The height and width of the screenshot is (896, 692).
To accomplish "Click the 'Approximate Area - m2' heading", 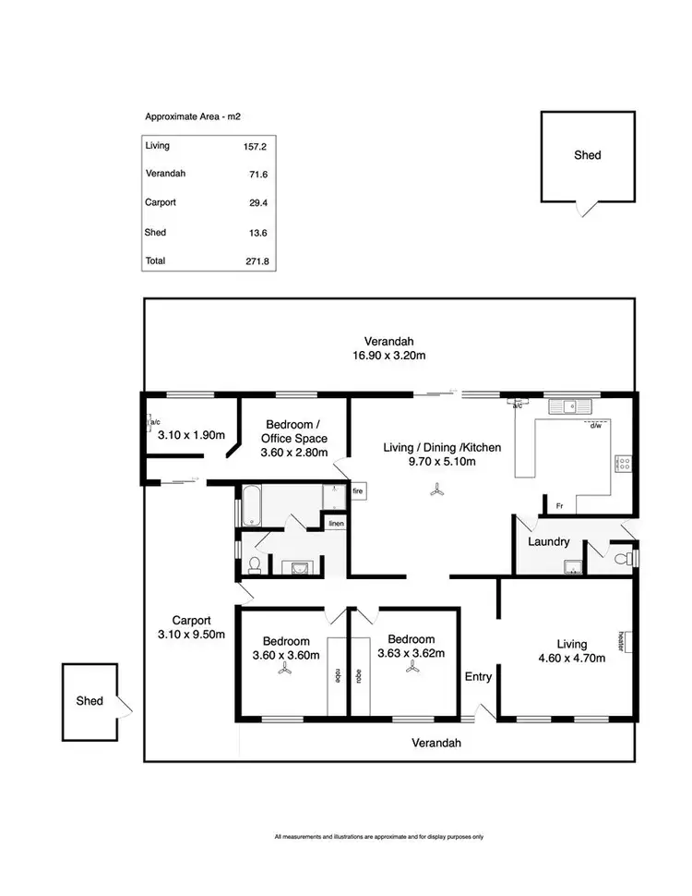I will click(x=193, y=117).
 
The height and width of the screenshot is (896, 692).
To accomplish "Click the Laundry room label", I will click(x=549, y=542).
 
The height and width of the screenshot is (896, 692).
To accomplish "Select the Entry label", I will click(x=478, y=676).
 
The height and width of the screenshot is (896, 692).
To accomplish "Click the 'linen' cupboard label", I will click(x=336, y=524).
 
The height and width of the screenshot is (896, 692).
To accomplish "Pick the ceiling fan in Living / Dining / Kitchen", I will click(x=435, y=491).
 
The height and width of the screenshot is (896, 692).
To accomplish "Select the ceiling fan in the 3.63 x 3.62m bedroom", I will click(x=411, y=672).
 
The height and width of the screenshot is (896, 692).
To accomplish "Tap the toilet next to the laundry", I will click(x=627, y=558).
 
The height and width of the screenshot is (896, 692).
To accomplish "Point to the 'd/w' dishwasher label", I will click(x=596, y=426).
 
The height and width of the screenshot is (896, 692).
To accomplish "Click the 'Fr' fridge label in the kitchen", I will click(x=559, y=505).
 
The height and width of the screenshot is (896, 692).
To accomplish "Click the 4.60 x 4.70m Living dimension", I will click(x=571, y=659).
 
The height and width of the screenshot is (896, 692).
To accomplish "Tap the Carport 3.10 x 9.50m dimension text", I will click(x=191, y=634).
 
